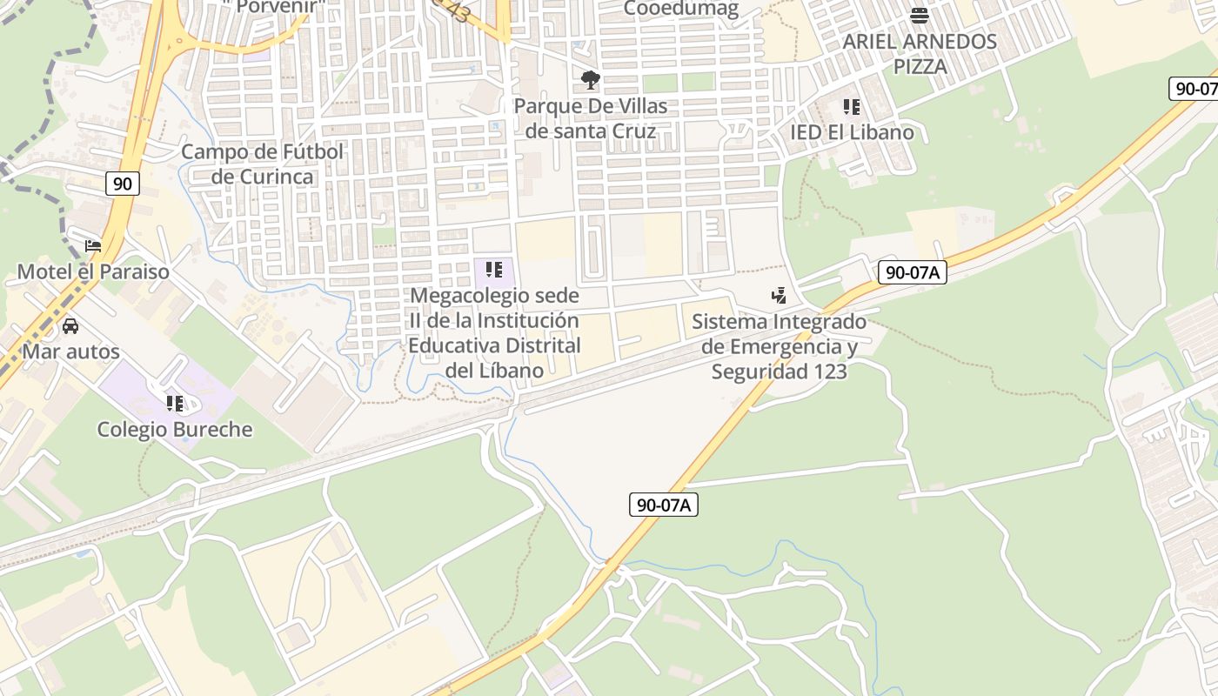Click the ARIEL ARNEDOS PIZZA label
click(920, 53)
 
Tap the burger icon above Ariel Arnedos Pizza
click(920, 15)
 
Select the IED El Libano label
click(852, 132)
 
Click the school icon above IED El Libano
click(852, 107)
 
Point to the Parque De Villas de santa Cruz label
click(591, 118)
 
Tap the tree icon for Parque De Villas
click(591, 81)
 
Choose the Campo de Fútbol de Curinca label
click(263, 164)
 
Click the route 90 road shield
click(123, 184)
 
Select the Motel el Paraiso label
click(94, 271)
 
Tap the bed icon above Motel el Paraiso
click(93, 246)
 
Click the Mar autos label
click(70, 351)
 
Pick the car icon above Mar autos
click(70, 326)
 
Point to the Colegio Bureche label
click(175, 429)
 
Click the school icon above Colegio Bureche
click(175, 404)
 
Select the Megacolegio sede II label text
click(494, 333)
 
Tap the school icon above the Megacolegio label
click(494, 270)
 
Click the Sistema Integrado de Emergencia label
click(780, 346)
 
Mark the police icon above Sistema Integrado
click(780, 296)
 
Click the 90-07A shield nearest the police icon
click(911, 272)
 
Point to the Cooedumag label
click(681, 10)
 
